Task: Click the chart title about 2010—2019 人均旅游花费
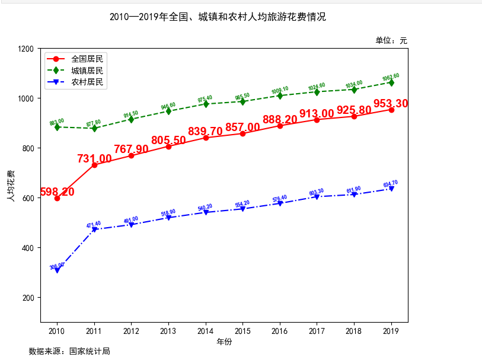pos(218,17)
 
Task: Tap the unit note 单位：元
pos(391,40)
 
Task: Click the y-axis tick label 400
pos(27,248)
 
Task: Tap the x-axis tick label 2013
pos(168,330)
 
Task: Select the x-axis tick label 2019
pos(391,330)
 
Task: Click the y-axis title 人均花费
pos(11,186)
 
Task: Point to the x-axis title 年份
pos(224,342)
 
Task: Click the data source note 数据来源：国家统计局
pos(69,351)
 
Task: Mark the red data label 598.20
pos(57,192)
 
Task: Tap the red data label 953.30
pos(391,104)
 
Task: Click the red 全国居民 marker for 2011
pos(94,165)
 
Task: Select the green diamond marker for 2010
pos(57,127)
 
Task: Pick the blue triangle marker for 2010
pos(57,270)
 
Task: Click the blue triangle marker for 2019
pos(391,189)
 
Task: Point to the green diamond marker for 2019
pos(391,82)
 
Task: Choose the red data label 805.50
pos(168,141)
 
